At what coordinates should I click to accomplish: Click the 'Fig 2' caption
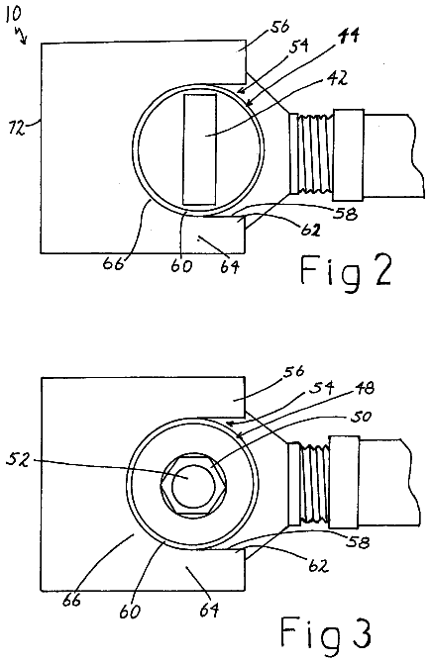346,271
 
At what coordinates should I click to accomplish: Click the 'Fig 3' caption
325,634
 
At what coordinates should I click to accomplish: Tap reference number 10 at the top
13,14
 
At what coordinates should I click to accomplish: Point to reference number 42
339,78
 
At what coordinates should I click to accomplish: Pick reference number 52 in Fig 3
18,459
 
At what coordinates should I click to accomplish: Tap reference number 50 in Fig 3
361,417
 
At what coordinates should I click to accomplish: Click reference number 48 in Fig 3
364,388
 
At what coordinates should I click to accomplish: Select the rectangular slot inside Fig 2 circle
199,149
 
